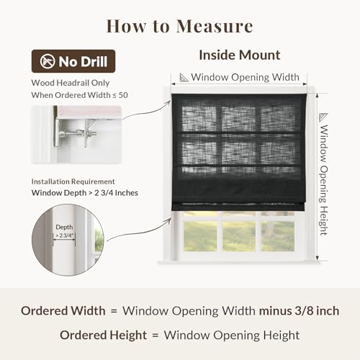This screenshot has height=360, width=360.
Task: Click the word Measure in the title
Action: (215, 26)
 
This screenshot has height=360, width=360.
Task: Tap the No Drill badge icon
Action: (48, 61)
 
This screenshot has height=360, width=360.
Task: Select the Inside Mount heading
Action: (240, 55)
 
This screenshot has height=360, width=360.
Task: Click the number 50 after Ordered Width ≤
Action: (123, 95)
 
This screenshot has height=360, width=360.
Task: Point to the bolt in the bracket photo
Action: (78, 132)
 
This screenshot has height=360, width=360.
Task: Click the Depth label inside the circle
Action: (64, 227)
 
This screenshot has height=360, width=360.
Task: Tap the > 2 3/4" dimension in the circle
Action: (64, 235)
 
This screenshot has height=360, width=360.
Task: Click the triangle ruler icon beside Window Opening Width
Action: (184, 78)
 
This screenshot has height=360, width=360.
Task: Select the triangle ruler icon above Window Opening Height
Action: (323, 117)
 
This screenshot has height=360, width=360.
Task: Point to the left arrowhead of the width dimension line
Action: (174, 84)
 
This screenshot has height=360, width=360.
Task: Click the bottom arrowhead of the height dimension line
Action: (318, 258)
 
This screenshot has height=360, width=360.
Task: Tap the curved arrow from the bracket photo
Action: (146, 111)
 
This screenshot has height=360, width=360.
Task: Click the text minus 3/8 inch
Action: (299, 311)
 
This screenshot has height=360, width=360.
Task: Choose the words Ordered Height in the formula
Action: (103, 335)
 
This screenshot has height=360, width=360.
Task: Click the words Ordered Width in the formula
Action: (63, 311)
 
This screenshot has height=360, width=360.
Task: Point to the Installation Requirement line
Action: (73, 181)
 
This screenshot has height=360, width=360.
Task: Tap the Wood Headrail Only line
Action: (71, 83)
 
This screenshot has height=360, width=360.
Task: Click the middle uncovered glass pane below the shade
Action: (238, 236)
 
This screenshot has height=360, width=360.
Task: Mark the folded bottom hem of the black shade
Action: (238, 207)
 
